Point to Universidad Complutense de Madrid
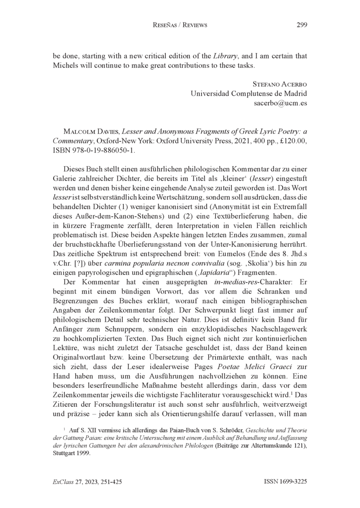249,94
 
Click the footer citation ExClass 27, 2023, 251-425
87,481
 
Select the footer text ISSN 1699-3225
285,481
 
